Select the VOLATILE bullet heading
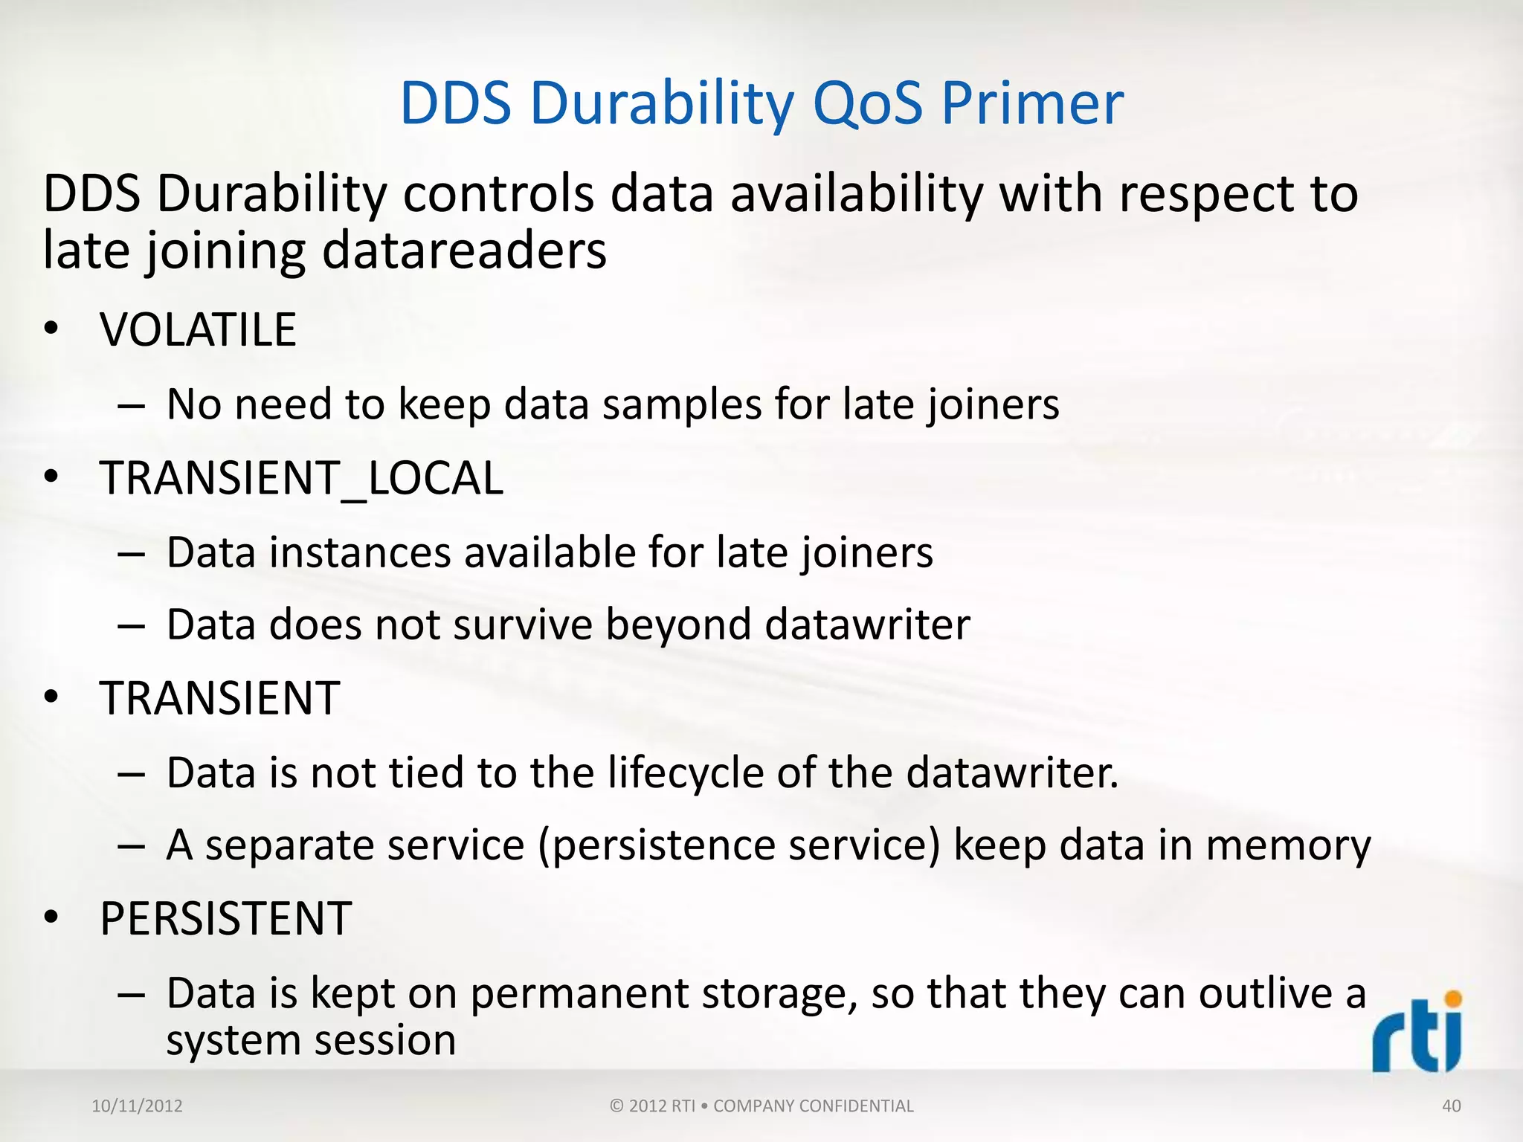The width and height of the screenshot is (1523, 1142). coord(198,329)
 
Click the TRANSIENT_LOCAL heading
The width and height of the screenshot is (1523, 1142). coord(301,477)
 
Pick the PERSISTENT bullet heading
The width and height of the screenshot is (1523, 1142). coord(225,918)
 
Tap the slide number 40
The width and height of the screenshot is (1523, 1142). coord(1451,1106)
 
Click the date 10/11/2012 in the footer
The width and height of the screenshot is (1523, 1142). coord(137,1106)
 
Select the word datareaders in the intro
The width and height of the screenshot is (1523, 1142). coord(464,251)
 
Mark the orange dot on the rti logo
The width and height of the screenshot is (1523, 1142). coord(1452,999)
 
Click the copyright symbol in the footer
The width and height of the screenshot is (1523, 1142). coord(616,1106)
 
